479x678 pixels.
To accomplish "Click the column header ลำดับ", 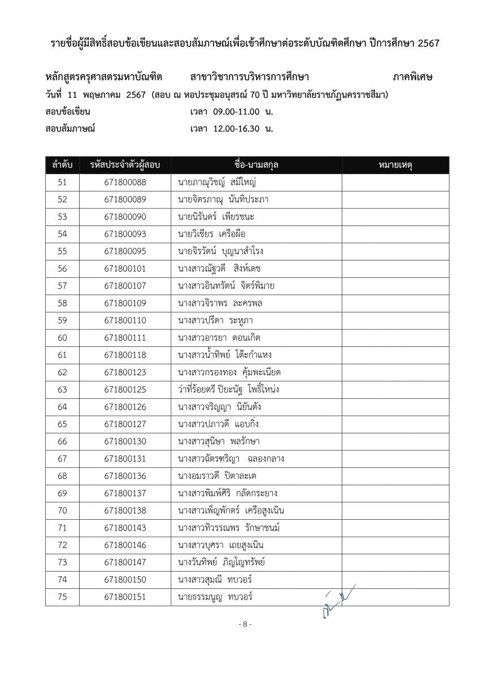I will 62,165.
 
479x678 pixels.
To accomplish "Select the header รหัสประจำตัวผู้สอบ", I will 125,165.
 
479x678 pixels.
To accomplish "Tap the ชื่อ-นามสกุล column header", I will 256,165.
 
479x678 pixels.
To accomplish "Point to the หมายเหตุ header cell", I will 395,165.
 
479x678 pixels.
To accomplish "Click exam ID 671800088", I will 125,182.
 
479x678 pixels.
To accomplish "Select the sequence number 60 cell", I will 62,338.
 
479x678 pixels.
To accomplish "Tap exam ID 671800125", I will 125,390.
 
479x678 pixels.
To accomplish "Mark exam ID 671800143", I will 125,528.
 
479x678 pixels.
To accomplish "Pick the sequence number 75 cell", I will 62,597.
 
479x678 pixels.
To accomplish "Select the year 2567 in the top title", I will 428,43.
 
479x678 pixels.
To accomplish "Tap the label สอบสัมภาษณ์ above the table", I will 71,128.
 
